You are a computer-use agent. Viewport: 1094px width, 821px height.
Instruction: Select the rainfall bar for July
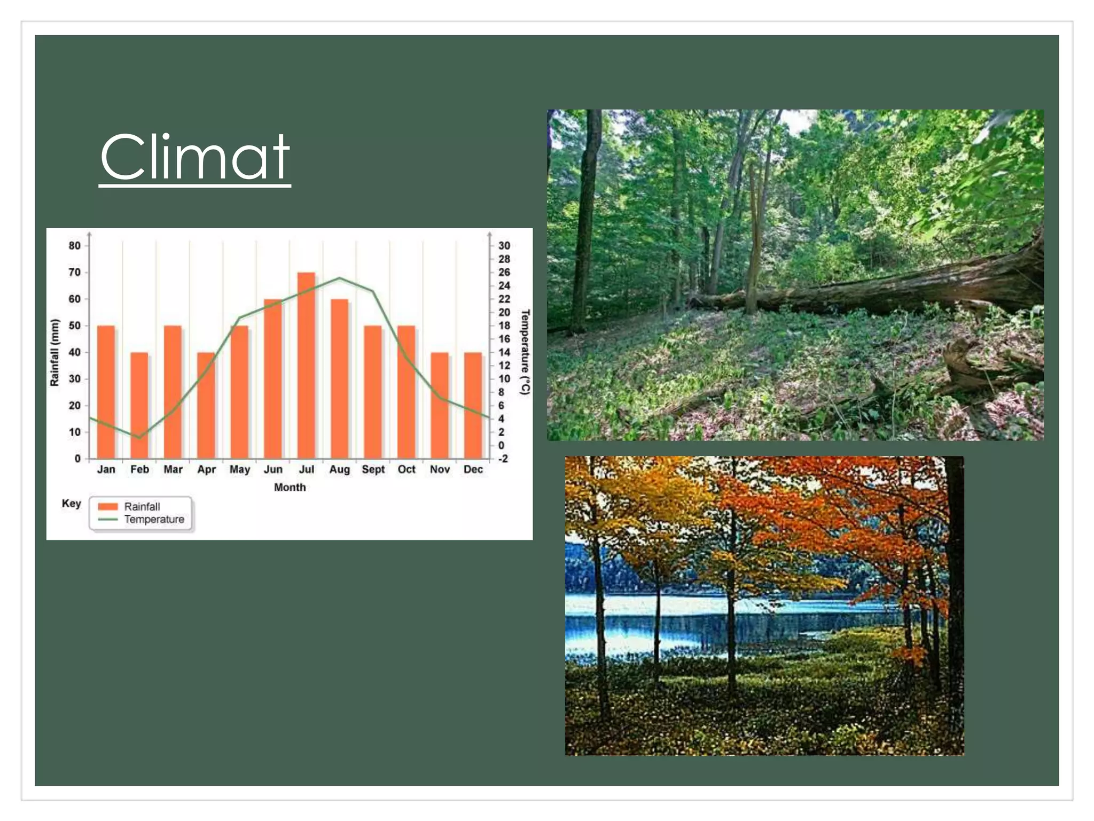click(x=306, y=366)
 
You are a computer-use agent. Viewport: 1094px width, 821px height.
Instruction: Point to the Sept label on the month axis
click(x=373, y=469)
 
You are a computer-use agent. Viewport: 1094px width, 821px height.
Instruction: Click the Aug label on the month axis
click(x=339, y=469)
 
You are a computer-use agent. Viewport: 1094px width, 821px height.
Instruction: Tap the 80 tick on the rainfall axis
click(x=75, y=246)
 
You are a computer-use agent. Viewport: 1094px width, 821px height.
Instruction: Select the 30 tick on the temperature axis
click(x=504, y=246)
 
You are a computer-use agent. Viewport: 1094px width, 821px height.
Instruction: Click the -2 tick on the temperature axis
click(x=503, y=459)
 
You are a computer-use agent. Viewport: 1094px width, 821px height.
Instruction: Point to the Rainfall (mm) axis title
click(x=54, y=352)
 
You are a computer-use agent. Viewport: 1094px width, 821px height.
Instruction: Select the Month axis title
click(x=290, y=487)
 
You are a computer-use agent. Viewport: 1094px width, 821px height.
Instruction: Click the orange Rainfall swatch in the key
click(x=108, y=507)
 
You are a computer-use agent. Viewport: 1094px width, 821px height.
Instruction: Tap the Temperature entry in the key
click(x=154, y=520)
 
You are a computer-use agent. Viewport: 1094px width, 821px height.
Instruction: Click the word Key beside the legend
click(x=72, y=504)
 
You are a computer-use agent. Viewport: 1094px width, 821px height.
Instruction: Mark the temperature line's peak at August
click(x=339, y=278)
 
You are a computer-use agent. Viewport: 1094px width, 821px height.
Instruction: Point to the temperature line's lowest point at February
click(x=139, y=438)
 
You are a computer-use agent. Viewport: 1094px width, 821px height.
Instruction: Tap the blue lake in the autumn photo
click(x=694, y=620)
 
